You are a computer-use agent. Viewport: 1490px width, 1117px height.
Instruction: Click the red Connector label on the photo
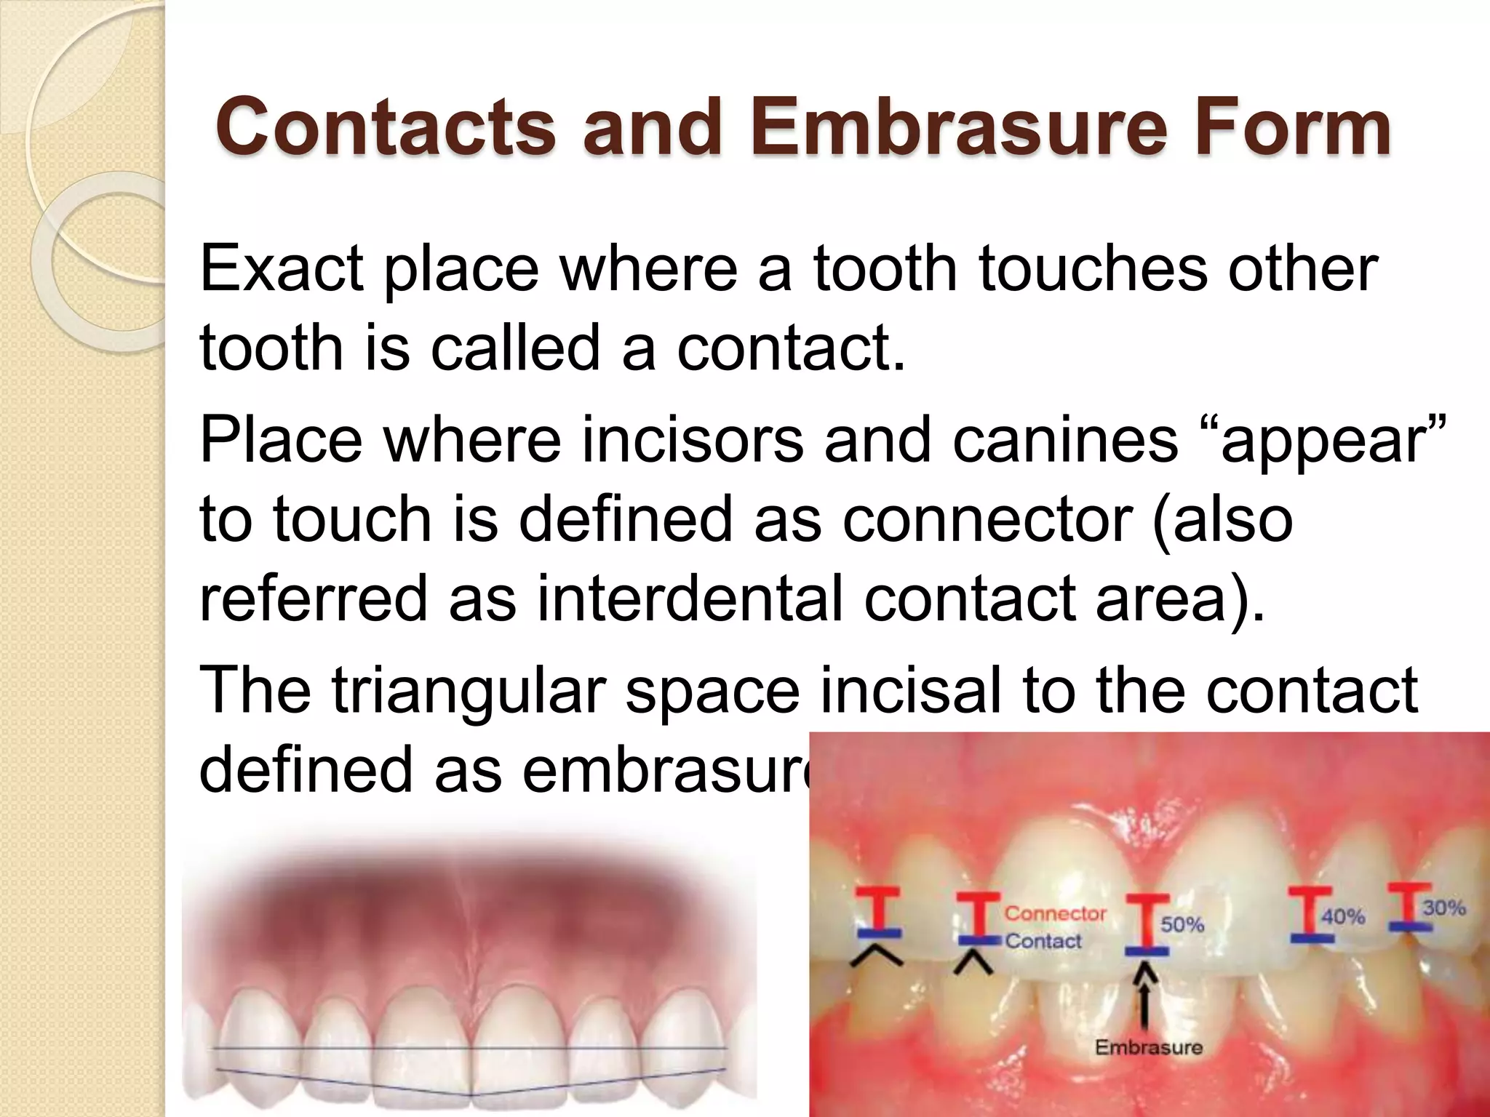pos(1055,913)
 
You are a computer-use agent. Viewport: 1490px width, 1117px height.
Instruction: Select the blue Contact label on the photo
pos(1043,941)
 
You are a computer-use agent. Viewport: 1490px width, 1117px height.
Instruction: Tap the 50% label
pos(1182,924)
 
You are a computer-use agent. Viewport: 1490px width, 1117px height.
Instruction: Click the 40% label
pos(1343,916)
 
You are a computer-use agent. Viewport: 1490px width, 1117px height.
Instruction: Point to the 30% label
pos(1444,907)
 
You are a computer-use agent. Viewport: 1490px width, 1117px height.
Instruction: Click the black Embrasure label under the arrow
pos(1149,1048)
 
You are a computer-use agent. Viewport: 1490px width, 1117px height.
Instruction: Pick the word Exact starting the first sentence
pos(282,268)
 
